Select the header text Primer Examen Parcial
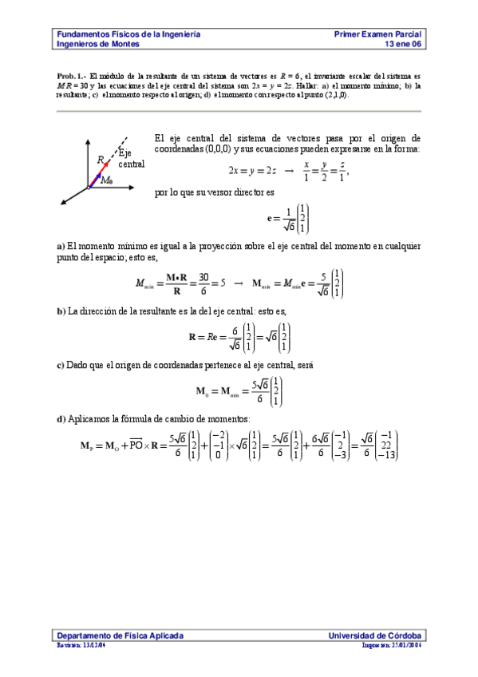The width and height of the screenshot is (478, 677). click(x=378, y=35)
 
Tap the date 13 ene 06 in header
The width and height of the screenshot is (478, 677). click(x=403, y=45)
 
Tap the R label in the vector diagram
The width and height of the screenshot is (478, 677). click(x=101, y=160)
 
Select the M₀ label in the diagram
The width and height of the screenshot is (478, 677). click(x=106, y=181)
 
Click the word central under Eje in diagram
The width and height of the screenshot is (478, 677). click(x=131, y=164)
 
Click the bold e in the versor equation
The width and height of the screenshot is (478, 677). click(x=270, y=217)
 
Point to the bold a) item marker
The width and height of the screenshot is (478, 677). click(x=60, y=246)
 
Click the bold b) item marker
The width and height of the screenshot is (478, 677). click(x=61, y=311)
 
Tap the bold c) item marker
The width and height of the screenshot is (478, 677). click(x=60, y=365)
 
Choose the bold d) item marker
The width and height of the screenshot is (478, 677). click(x=61, y=419)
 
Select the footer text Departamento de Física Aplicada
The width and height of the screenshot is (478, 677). click(x=120, y=635)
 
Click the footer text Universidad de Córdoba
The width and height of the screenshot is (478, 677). click(x=376, y=635)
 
